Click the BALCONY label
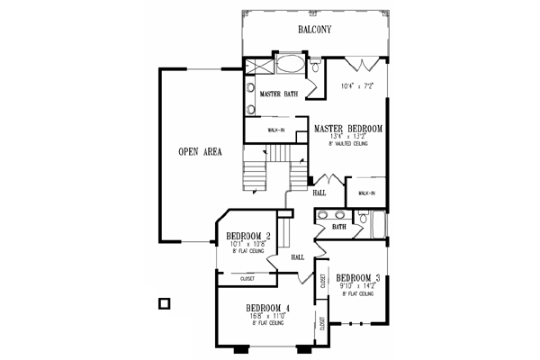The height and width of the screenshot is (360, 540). tap(315, 30)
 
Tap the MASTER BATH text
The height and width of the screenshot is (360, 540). tap(278, 94)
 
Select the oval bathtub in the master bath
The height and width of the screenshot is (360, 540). tap(290, 65)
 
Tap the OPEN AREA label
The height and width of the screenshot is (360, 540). tap(200, 150)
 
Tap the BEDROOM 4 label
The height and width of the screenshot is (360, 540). tap(267, 309)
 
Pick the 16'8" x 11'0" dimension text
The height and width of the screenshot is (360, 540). tap(267, 318)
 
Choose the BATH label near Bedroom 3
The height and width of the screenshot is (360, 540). tap(338, 228)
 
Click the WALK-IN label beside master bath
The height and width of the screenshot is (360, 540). tap(276, 130)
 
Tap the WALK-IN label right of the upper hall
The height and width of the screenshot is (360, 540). tap(366, 193)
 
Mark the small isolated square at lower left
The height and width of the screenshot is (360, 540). tap(164, 303)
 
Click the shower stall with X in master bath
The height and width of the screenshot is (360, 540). tap(258, 66)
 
